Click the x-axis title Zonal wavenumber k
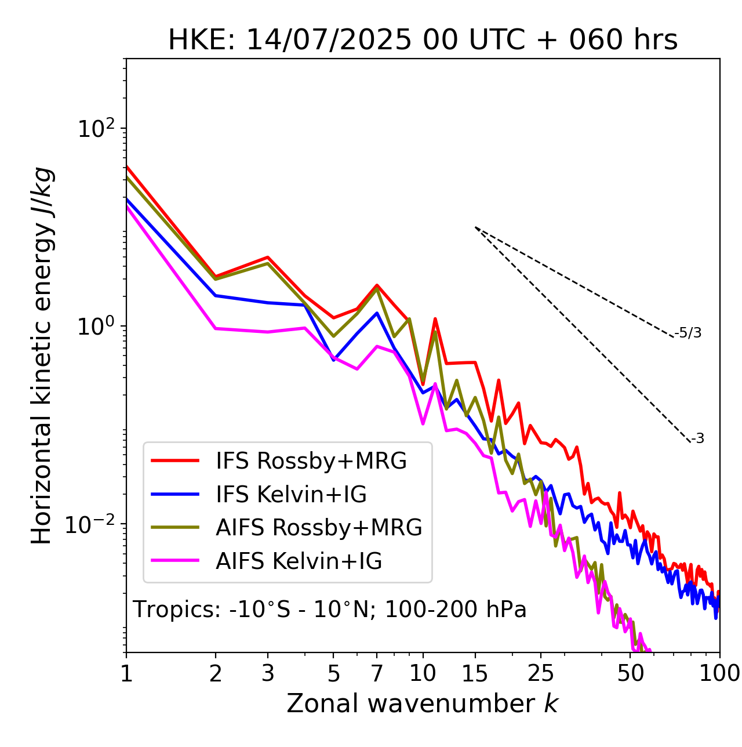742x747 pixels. point(422,704)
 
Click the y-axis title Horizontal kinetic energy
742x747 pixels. point(42,356)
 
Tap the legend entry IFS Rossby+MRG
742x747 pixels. point(311,461)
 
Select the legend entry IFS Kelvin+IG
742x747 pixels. point(291,495)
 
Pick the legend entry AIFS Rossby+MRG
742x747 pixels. point(319,528)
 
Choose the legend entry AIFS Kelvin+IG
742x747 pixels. point(299,561)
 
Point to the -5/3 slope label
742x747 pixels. point(688,333)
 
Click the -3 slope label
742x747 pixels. point(697,439)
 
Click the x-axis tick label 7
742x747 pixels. point(377,673)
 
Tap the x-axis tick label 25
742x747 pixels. point(540,673)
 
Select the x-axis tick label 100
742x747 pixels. point(719,673)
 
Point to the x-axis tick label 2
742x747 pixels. point(216,673)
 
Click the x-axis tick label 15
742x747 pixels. point(475,673)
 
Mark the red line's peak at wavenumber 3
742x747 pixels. point(268,257)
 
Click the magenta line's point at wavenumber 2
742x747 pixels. point(216,328)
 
